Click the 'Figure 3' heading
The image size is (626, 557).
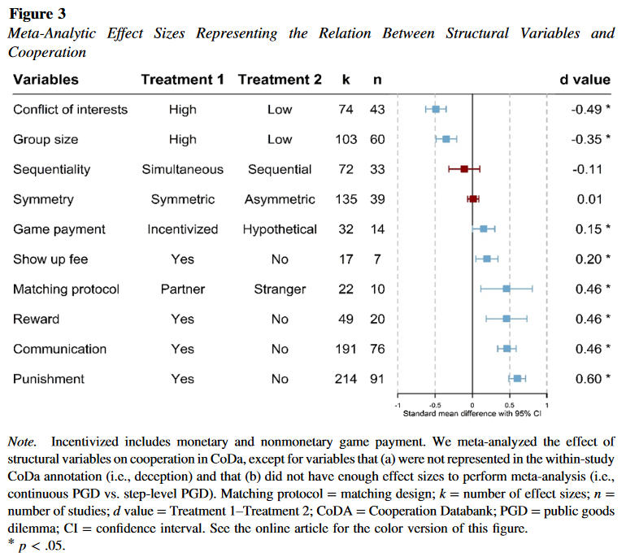point(37,14)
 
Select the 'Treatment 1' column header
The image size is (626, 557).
point(182,80)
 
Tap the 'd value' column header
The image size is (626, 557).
point(585,80)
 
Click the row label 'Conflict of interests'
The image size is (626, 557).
point(71,110)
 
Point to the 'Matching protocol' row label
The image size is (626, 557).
point(66,289)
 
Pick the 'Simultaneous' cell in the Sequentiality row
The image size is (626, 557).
point(182,170)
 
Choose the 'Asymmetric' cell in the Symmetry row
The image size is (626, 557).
point(280,199)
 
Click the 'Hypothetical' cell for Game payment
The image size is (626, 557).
point(280,229)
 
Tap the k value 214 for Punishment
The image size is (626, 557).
point(346,379)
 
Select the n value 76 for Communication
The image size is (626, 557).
point(377,349)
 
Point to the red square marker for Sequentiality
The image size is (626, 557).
point(464,169)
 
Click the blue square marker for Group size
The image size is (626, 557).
point(446,139)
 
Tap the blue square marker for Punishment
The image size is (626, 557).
point(517,378)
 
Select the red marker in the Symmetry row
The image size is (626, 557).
point(473,198)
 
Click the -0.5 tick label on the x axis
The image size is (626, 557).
point(434,404)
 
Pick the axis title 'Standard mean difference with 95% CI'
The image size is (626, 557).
point(472,414)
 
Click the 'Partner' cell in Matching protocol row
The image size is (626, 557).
point(182,289)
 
